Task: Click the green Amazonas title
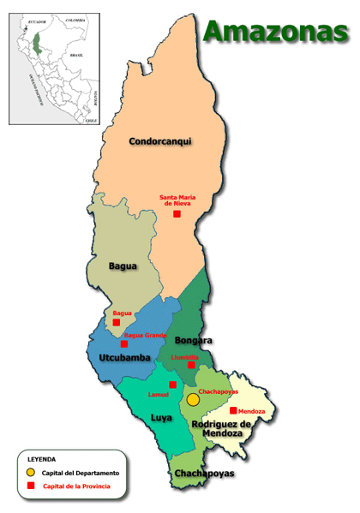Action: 275,32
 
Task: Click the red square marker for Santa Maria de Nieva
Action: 177,214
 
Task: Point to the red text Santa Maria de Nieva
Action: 177,201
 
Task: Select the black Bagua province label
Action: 123,266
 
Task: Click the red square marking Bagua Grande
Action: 124,344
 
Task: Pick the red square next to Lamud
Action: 172,385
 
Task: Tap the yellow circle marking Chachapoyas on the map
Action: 193,399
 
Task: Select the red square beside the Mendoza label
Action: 233,411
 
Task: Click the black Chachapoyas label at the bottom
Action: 203,474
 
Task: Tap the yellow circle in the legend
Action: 31,472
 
